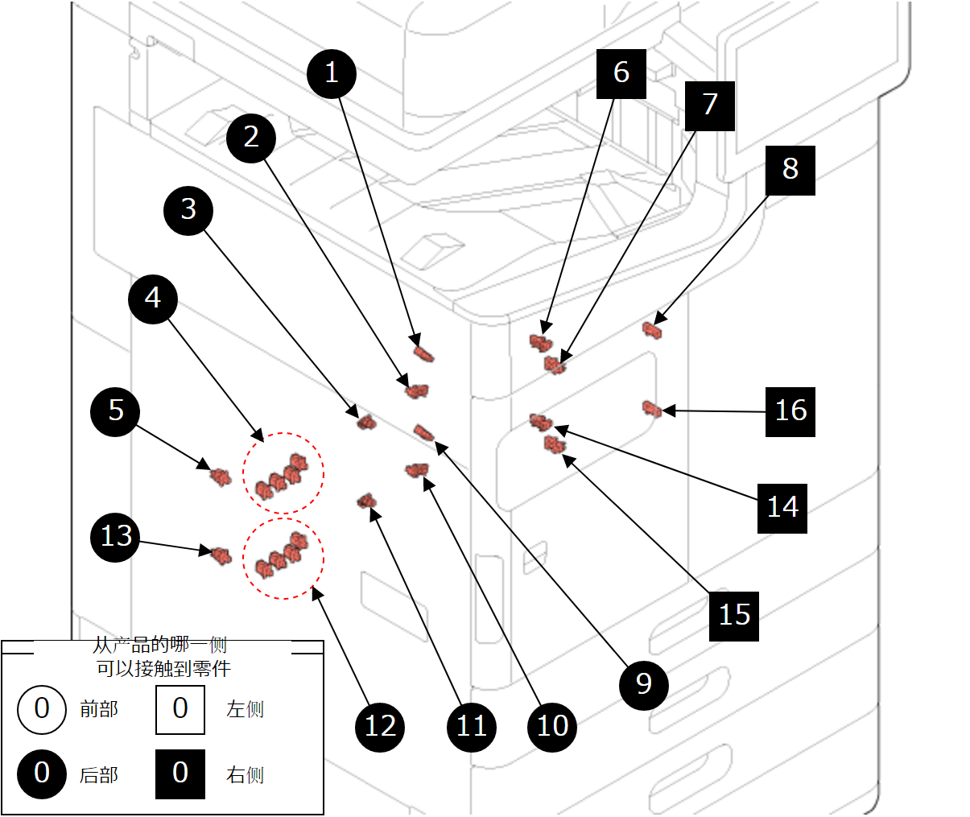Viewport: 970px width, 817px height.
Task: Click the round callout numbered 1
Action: tap(332, 74)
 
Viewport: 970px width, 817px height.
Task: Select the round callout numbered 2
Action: tap(251, 138)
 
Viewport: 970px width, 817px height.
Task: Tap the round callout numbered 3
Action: tap(188, 210)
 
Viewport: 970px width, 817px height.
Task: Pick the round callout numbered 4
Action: tap(153, 299)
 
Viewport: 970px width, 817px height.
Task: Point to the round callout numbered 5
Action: tap(116, 411)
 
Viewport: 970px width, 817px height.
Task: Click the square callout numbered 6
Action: tap(621, 73)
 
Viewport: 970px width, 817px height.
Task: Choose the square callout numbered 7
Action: tap(709, 105)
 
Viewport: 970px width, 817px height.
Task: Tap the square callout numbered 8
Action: tap(790, 170)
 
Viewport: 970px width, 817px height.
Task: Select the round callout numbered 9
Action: tap(643, 684)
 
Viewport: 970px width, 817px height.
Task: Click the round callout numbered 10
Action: tap(552, 727)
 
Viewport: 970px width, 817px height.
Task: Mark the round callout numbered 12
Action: tap(380, 727)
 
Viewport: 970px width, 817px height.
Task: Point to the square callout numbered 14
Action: tap(782, 508)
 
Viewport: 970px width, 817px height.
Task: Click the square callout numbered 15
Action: tap(733, 616)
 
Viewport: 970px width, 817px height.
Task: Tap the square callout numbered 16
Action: tap(790, 411)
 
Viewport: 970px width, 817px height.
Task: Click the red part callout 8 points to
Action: tap(652, 328)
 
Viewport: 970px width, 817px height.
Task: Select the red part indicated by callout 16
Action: tap(651, 409)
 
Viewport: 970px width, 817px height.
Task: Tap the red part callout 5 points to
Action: tap(220, 476)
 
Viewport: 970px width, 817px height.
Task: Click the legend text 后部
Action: tap(99, 775)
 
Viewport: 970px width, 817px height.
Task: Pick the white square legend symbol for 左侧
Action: tap(180, 709)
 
